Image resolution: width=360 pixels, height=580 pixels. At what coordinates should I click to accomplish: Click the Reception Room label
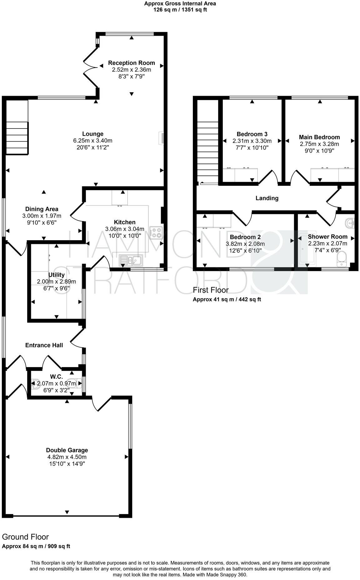131,63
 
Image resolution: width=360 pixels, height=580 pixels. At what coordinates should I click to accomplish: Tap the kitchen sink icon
131,260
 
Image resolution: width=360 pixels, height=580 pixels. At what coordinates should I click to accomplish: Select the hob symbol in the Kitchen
156,233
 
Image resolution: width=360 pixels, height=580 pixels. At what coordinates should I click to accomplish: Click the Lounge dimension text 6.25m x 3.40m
92,141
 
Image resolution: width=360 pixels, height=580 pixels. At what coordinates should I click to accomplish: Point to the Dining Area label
42,209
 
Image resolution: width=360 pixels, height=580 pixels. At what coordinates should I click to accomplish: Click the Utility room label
56,275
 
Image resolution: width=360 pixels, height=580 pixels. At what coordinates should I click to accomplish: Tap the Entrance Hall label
44,345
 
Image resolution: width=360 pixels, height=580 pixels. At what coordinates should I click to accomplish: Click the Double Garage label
67,450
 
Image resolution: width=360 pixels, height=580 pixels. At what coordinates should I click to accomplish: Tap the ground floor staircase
17,138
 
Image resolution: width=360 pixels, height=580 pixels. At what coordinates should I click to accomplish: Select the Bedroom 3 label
252,134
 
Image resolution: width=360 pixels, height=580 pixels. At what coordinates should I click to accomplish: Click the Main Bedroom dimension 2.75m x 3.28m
319,144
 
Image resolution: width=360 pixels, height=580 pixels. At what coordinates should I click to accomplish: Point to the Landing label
267,198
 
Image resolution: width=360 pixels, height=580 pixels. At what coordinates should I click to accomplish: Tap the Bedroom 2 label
245,237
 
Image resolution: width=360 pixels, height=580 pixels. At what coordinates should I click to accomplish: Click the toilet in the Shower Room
343,259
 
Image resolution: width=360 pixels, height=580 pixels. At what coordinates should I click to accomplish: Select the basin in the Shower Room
351,223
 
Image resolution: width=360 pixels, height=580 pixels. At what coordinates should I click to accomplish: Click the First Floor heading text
211,290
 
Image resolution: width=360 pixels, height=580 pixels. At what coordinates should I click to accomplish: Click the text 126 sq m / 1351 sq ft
180,10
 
